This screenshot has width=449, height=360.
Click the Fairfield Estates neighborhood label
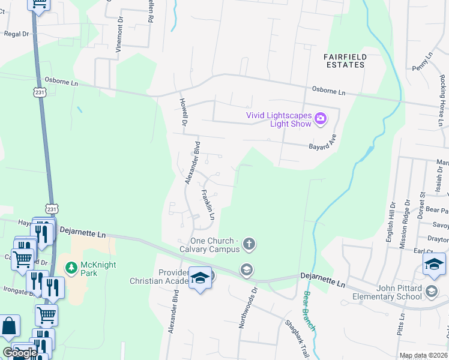345,60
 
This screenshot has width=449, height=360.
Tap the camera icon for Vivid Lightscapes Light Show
321,119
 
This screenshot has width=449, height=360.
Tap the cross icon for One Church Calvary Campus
249,244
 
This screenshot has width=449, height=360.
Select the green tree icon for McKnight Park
71,266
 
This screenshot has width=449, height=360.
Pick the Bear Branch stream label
309,311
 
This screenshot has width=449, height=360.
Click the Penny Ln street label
422,63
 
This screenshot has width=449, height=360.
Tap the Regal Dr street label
17,34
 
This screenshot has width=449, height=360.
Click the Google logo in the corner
19,353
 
